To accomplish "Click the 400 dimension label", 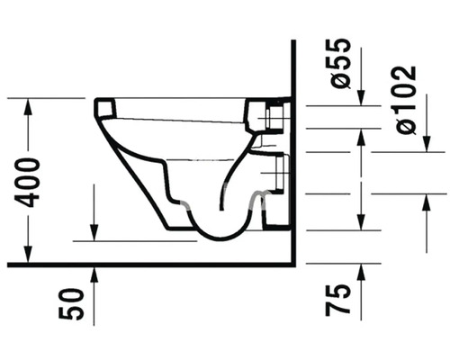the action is (27, 183).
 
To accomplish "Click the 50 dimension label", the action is (70, 304).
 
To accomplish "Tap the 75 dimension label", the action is (337, 300).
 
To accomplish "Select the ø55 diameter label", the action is (339, 64).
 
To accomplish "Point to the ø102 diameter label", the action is (405, 100).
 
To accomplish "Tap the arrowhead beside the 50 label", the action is (94, 274).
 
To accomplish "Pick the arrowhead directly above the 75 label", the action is (362, 273).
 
